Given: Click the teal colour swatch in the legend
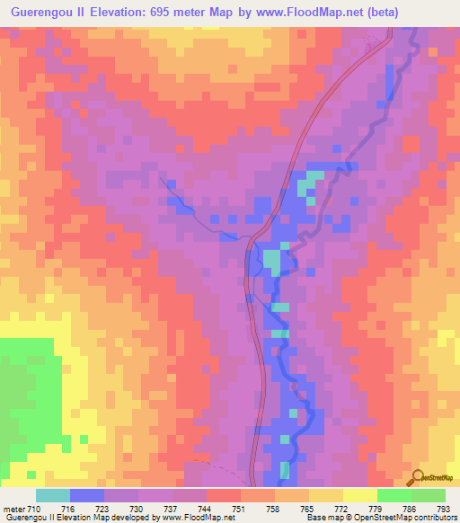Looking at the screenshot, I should point(53,495).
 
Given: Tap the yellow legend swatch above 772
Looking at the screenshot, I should point(325,495).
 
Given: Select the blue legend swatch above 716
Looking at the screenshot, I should point(87,495).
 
